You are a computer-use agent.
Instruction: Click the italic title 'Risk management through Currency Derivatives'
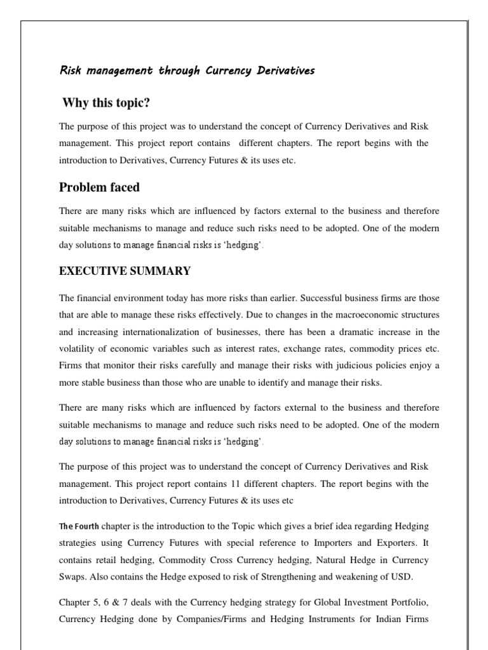coord(187,70)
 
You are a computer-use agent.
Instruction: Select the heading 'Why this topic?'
coord(106,103)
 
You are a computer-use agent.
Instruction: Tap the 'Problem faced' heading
coord(99,187)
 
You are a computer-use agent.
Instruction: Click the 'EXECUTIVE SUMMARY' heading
coord(125,271)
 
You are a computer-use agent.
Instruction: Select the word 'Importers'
coord(339,543)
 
